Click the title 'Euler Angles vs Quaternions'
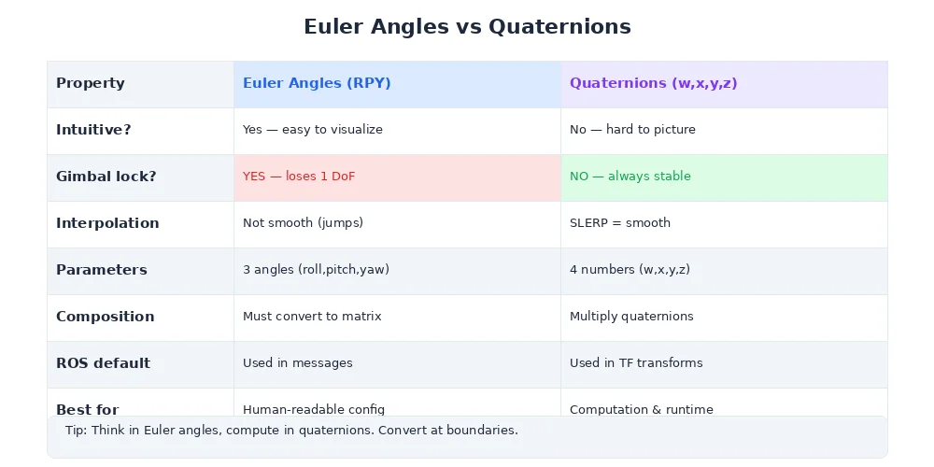(467, 27)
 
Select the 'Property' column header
(91, 83)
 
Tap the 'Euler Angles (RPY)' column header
(317, 83)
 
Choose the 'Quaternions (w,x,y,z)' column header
(654, 83)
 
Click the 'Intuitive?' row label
(93, 130)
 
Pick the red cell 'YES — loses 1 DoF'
(299, 177)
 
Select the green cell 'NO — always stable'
(630, 177)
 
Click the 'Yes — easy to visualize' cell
(313, 130)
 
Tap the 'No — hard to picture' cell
(632, 130)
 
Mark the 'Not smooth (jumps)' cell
(303, 223)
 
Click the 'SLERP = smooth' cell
(620, 223)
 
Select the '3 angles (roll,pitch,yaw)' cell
(316, 270)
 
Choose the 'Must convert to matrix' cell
(313, 317)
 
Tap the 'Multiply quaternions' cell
(631, 317)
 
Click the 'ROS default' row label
(103, 363)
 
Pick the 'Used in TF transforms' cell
(636, 363)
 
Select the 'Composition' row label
(106, 317)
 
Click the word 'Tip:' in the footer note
(76, 431)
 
